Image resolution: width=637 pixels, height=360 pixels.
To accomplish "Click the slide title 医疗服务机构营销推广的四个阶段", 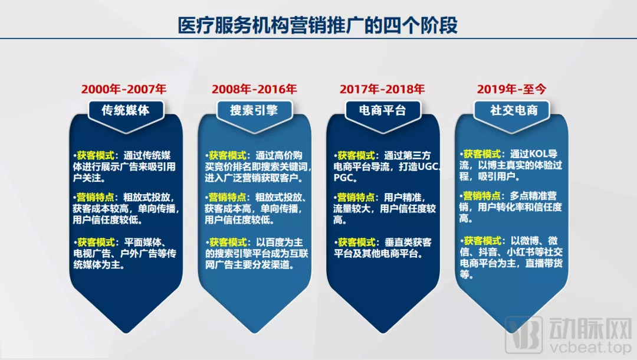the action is click(x=318, y=25).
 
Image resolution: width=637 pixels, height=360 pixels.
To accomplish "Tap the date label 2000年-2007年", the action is click(x=124, y=89).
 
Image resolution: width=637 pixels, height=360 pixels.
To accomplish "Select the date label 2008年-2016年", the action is click(x=254, y=89).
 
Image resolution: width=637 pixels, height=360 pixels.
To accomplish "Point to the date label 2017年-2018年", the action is click(x=382, y=89).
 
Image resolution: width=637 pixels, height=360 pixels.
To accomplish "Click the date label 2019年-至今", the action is click(x=511, y=89).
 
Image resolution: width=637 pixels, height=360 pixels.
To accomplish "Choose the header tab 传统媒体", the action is click(x=126, y=110).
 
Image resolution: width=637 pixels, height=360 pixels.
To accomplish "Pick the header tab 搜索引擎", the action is click(x=254, y=110).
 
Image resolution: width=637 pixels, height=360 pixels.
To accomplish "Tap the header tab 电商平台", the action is click(x=383, y=110).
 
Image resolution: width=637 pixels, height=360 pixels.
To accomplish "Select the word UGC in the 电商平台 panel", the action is click(x=428, y=166).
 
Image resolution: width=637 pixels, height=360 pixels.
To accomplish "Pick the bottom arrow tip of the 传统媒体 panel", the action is click(x=126, y=333).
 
